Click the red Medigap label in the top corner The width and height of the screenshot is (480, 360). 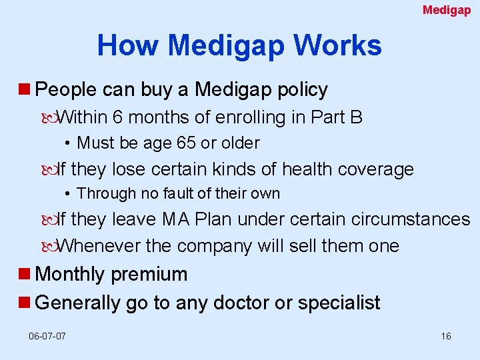[447, 10]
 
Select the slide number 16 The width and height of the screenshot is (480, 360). [446, 336]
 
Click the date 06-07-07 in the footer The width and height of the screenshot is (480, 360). [47, 336]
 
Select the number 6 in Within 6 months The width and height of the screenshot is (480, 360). [117, 118]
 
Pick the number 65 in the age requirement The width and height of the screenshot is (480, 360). [186, 143]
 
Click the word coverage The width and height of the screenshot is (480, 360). [376, 170]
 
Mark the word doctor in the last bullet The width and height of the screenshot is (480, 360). [239, 303]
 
